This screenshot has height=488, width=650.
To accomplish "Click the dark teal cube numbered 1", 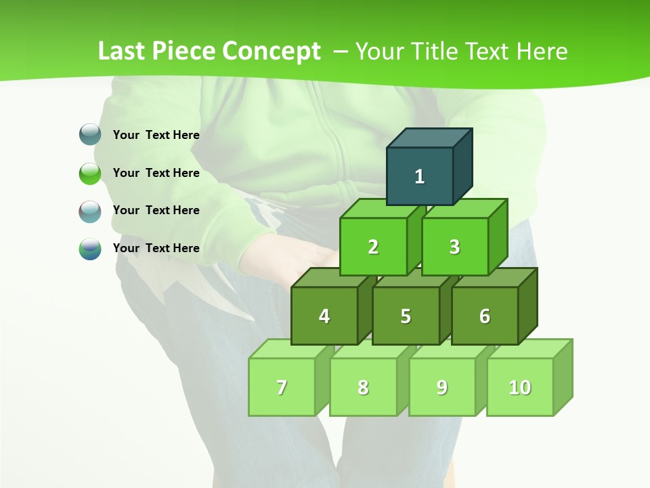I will [420, 176].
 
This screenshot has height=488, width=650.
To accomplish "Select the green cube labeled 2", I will [373, 247].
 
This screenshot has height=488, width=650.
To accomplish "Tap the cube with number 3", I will [454, 247].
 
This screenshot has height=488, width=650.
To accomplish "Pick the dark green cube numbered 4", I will [324, 316].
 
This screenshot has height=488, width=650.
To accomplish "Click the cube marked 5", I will [406, 316].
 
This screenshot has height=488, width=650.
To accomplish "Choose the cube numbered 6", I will [485, 316].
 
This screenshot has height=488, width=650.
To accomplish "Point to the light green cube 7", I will [282, 387].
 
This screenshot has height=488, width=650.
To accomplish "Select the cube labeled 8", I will [363, 387].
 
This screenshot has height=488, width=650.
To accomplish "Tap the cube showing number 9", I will [442, 387].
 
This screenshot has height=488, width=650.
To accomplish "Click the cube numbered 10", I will [520, 387].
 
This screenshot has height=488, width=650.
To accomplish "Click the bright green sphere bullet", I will [90, 174].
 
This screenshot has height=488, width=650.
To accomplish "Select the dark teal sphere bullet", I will [90, 135].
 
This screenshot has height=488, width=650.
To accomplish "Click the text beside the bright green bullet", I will [156, 173].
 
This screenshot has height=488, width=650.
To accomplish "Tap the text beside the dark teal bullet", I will [156, 135].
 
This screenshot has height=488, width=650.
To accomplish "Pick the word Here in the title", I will [542, 52].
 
